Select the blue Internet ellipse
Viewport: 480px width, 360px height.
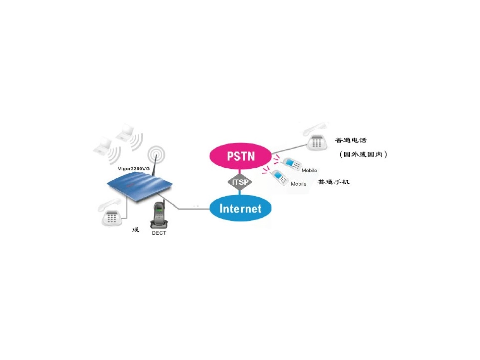(x=241, y=208)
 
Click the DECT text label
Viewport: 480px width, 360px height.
(x=159, y=233)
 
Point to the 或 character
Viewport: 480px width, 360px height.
(x=135, y=230)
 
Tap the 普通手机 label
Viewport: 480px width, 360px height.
(x=333, y=182)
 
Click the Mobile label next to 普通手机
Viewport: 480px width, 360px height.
(x=299, y=184)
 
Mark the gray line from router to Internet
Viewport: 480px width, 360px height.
(x=192, y=208)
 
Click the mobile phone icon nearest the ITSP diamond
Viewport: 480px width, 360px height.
(x=278, y=176)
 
